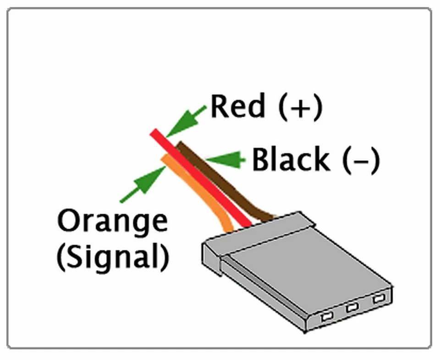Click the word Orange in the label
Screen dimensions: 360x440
(112, 222)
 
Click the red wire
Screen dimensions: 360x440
(206, 183)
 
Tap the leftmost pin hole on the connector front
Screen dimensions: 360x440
(327, 316)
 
